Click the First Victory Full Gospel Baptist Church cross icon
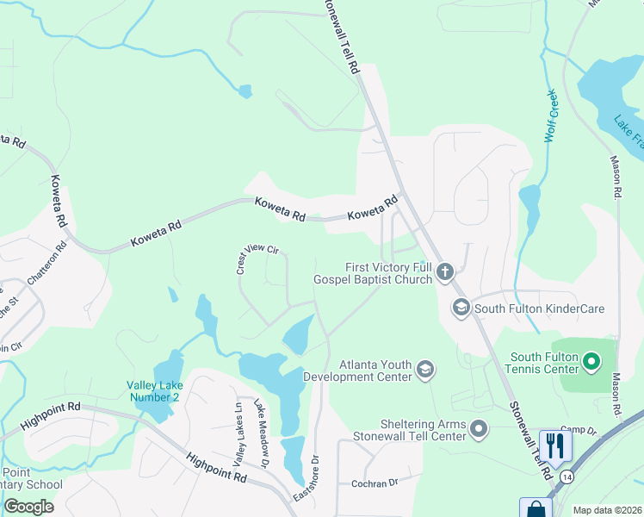tap(444, 273)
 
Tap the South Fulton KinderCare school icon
tap(461, 308)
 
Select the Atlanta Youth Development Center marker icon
tap(424, 370)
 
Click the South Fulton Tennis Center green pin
tap(591, 362)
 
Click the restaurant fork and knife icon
tap(555, 445)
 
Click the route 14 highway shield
tap(567, 477)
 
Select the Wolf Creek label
tap(552, 115)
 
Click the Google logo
tap(28, 507)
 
